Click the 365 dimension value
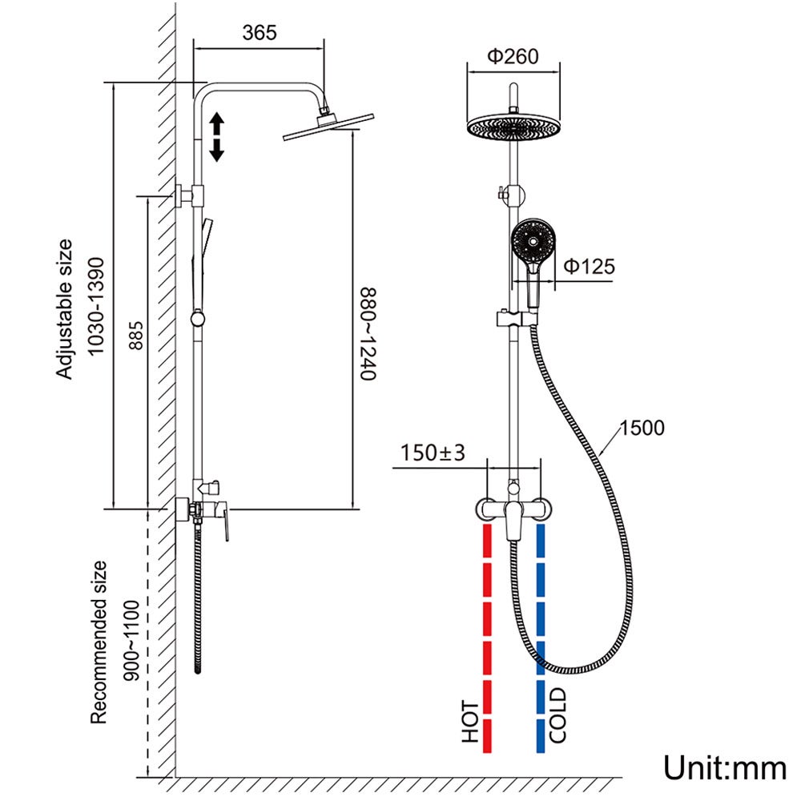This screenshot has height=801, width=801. [260, 33]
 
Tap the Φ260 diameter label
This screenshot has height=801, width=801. [513, 56]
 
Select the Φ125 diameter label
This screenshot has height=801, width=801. [589, 266]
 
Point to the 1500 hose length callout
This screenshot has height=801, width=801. [642, 429]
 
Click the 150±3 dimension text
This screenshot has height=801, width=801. [433, 453]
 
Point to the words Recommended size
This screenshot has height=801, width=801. [99, 642]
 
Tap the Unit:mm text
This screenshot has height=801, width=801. [725, 768]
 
